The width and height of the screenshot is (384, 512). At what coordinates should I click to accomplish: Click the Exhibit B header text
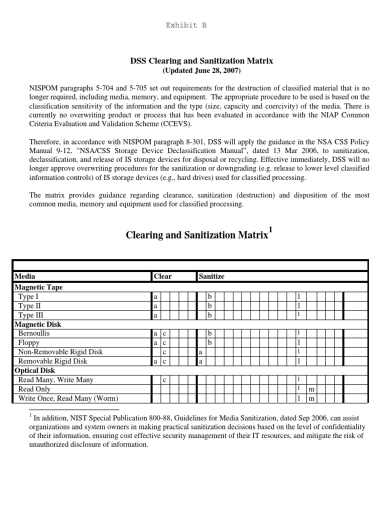tap(185, 25)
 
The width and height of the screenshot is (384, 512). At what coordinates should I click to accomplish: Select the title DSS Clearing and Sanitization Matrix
tap(201, 60)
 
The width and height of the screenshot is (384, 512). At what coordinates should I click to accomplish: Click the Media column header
tap(25, 276)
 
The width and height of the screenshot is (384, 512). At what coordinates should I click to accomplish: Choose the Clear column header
tap(163, 276)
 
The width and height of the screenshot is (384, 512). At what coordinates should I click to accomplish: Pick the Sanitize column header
tap(212, 276)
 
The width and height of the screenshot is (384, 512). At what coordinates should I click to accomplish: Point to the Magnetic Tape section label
tap(39, 287)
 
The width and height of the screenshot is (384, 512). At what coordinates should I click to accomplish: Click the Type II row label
tap(26, 306)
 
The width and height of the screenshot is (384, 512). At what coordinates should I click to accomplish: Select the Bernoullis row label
tap(34, 333)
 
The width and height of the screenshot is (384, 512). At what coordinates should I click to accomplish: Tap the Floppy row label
tap(28, 342)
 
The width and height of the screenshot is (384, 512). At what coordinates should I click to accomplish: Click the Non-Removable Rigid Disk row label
tap(60, 352)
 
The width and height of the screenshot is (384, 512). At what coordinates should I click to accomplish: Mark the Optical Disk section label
tap(35, 370)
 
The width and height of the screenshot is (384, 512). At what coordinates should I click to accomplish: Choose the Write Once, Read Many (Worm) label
tap(68, 398)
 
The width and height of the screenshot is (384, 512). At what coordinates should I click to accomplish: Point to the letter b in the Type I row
tap(210, 297)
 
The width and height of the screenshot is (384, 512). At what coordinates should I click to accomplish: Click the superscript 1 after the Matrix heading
tap(270, 229)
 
